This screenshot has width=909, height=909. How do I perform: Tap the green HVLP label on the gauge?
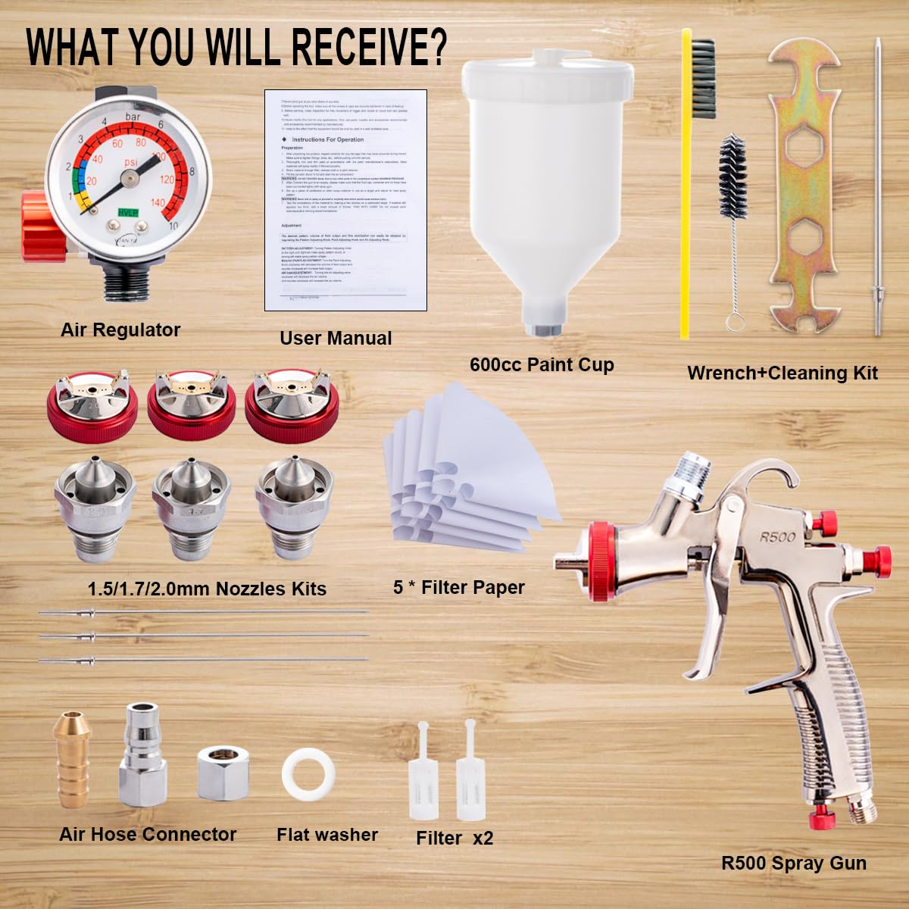(128, 214)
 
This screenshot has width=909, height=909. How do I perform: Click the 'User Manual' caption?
(336, 339)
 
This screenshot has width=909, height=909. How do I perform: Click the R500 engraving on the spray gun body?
(778, 537)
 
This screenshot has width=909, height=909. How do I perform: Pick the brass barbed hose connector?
(72, 758)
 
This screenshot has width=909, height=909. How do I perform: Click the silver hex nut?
(223, 772)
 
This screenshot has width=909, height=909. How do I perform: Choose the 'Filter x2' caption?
(454, 839)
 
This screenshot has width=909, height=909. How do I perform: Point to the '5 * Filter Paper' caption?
(459, 587)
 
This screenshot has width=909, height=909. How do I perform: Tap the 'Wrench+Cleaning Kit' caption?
(782, 373)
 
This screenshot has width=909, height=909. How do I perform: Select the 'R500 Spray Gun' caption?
(794, 863)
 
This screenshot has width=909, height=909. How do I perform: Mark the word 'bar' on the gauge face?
(133, 117)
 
